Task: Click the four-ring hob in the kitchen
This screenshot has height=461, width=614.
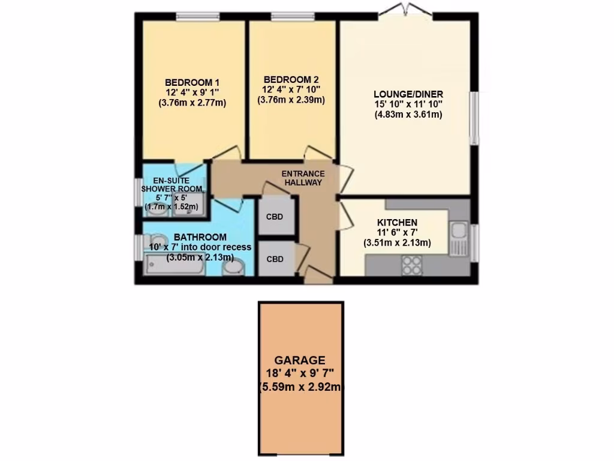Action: [x=411, y=265]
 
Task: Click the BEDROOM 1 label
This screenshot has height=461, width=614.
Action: [x=192, y=82]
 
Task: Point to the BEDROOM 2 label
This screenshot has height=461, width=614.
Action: [x=291, y=79]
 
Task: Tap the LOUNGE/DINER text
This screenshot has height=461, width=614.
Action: [x=408, y=94]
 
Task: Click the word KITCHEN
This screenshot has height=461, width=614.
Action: [x=397, y=222]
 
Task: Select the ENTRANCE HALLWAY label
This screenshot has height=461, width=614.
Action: [x=303, y=178]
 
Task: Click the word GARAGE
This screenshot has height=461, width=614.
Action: [x=301, y=360]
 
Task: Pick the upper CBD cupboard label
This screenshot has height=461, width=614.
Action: [x=275, y=217]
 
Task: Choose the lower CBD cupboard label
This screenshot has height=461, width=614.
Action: [x=275, y=259]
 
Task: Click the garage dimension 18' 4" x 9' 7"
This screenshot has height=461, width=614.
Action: [x=301, y=373]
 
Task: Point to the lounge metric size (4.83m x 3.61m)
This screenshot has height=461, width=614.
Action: [x=408, y=115]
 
